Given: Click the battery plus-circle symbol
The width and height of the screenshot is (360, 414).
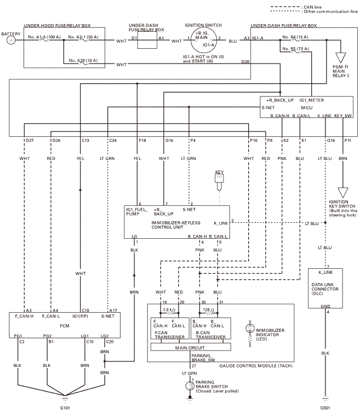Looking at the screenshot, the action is tap(11, 41).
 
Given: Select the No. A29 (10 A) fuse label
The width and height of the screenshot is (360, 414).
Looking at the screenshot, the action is tap(83, 60).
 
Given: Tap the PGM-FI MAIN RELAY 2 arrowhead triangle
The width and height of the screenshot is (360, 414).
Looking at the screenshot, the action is tap(340, 58).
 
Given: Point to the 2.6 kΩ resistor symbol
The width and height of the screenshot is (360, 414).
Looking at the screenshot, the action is tap(169, 313).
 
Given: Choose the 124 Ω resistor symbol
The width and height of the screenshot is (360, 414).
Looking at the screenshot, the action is tap(209, 313).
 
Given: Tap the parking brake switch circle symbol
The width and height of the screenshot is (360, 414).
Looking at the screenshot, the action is tap(190, 386).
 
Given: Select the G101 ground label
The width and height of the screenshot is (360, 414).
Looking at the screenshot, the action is tap(65, 408).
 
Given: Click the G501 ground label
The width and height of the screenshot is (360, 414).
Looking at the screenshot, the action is tap(325, 408).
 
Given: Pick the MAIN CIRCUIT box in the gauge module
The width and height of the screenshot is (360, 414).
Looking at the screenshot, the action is tap(191, 347).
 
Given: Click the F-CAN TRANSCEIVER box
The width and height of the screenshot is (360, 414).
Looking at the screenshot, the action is tap(170, 328).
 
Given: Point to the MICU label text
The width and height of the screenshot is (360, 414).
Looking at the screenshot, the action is tap(307, 108).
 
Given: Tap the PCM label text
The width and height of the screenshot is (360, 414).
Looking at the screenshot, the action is tap(65, 326).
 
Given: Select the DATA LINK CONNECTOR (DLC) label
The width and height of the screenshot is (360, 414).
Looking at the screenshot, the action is tap(324, 289).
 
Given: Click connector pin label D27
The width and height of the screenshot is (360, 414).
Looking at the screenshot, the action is tap(30, 140).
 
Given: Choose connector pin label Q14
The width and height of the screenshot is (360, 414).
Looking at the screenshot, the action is tap(330, 140).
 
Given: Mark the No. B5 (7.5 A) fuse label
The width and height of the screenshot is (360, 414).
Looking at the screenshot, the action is tap(295, 49).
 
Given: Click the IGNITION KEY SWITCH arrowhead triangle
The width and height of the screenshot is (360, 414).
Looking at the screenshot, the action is tap(343, 192).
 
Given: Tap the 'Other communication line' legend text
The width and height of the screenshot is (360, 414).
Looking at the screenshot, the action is tap(330, 12).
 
